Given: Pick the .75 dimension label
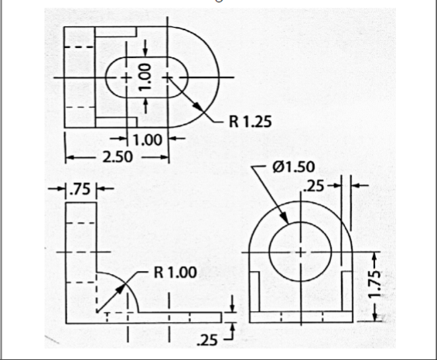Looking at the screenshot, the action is pyautogui.click(x=80, y=189).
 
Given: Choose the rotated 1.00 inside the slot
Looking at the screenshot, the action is pyautogui.click(x=145, y=78).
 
